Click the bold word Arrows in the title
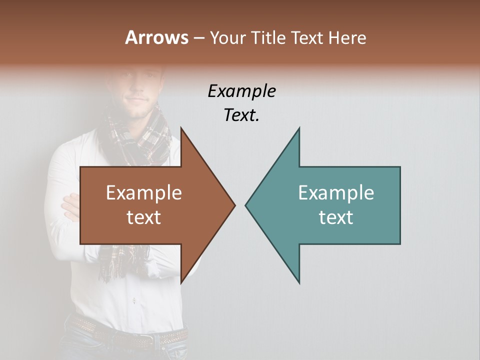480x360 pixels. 156,37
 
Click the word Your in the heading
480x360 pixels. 227,37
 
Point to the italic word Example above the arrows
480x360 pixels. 241,91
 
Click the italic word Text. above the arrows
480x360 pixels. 241,115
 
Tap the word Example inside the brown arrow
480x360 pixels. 144,193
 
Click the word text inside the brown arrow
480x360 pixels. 144,217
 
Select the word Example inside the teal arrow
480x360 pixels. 336,193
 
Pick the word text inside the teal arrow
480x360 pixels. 336,217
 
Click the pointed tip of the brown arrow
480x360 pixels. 234,204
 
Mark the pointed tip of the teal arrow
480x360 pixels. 246,204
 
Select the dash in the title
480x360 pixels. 198,38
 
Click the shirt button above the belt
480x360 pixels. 134,301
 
